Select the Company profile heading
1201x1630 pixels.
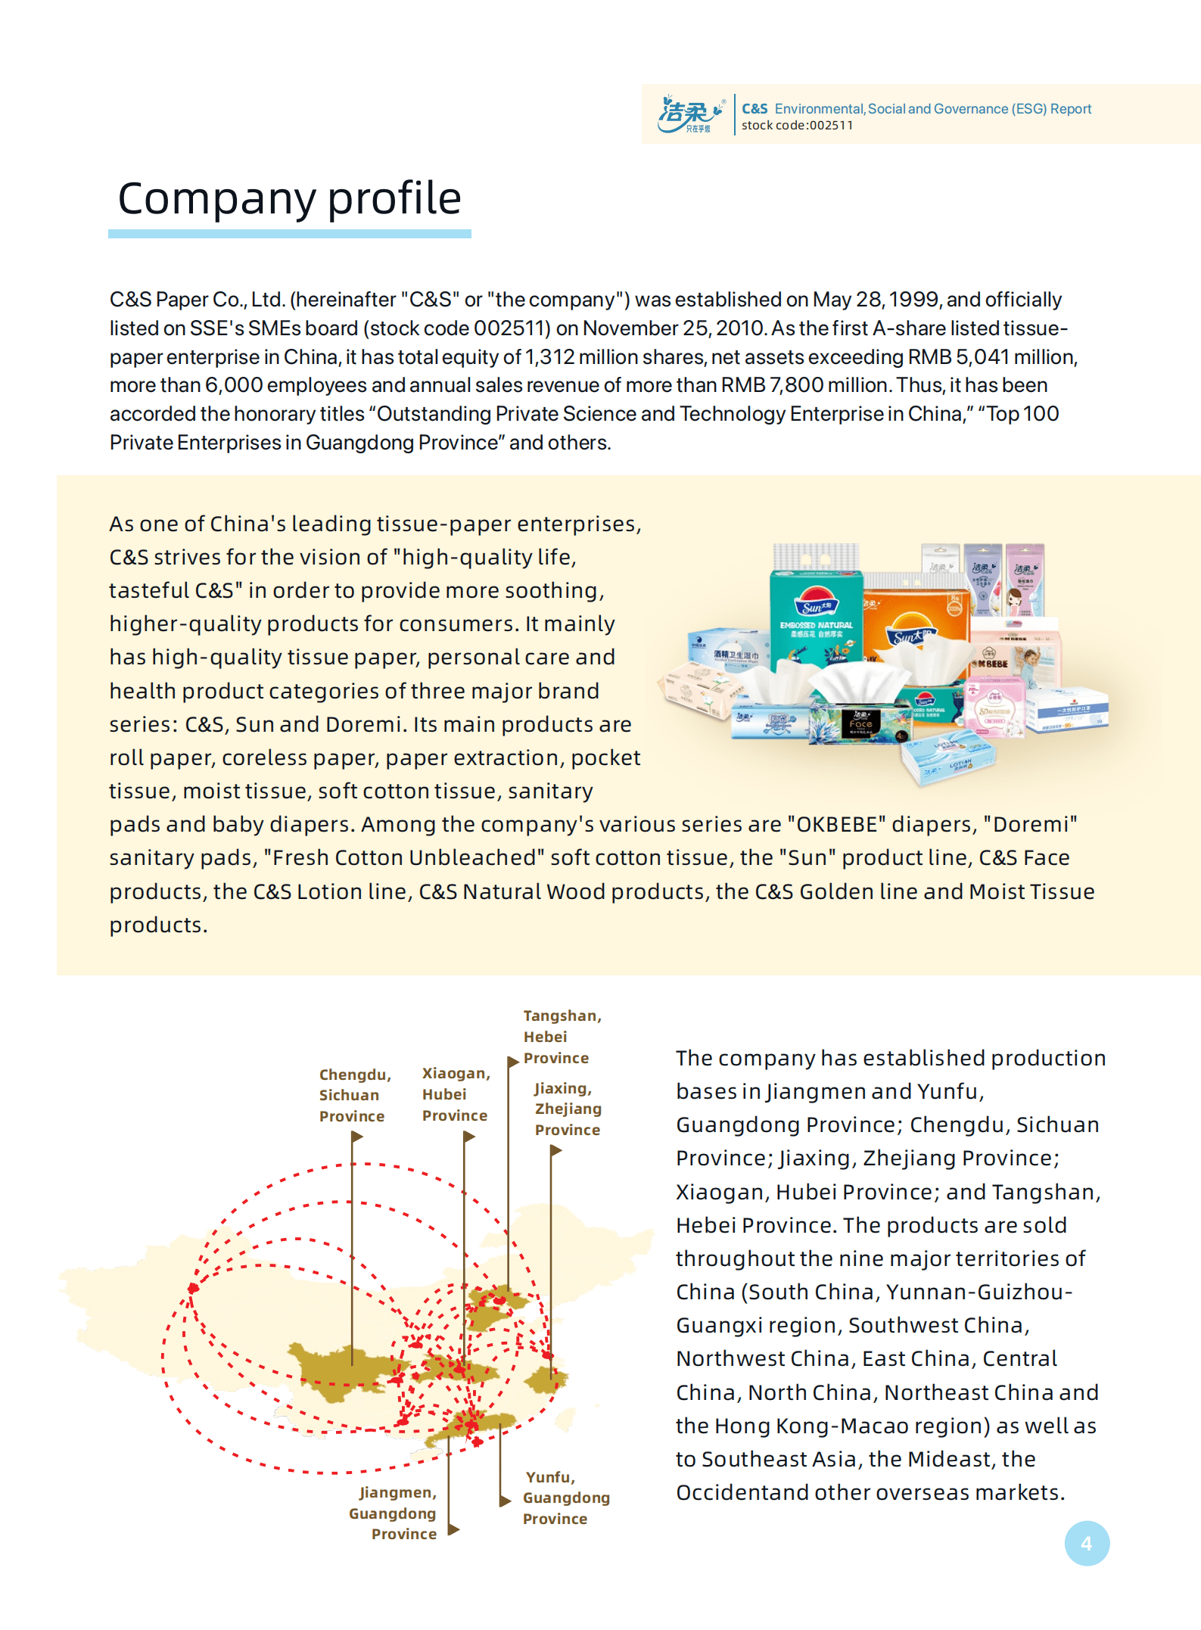tap(289, 198)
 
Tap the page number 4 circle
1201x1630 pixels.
tap(1087, 1543)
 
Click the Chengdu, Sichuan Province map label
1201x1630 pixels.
tap(354, 1095)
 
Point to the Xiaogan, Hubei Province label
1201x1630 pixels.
tap(456, 1094)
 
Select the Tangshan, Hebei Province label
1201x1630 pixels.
tap(561, 1037)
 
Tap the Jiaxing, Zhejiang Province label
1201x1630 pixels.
tap(568, 1109)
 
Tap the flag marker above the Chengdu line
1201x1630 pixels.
tap(357, 1137)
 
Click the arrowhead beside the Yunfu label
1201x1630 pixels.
tap(505, 1501)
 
